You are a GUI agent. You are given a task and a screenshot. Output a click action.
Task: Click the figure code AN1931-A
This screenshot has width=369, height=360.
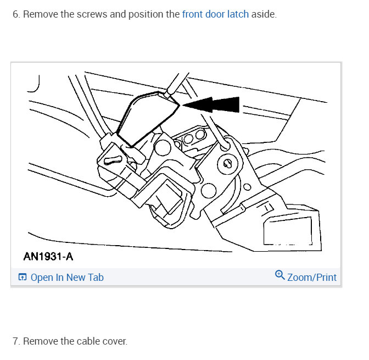click(48, 257)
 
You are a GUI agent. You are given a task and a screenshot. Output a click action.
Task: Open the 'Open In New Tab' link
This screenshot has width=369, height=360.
click(66, 278)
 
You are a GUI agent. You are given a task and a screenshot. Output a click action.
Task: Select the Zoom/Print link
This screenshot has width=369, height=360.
click(311, 277)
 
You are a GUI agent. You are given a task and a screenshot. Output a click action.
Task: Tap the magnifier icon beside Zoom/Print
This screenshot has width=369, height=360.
click(280, 276)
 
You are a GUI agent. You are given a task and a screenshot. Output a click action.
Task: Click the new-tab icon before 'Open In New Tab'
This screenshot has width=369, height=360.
click(23, 278)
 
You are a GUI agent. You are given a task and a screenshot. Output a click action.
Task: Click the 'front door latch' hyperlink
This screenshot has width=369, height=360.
click(215, 14)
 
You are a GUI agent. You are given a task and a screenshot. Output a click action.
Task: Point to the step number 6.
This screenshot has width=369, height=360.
click(15, 14)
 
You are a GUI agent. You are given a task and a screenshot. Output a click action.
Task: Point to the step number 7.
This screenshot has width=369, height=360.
click(15, 341)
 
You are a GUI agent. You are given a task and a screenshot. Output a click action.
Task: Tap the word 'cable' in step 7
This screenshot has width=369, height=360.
click(88, 341)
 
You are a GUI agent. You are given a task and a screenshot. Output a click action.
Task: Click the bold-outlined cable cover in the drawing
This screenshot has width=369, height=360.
click(146, 118)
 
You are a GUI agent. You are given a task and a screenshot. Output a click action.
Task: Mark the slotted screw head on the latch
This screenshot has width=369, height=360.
click(227, 163)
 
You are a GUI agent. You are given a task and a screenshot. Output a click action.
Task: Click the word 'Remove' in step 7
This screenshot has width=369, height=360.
click(40, 341)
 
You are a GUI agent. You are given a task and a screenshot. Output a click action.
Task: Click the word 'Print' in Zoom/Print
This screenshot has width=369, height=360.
click(324, 277)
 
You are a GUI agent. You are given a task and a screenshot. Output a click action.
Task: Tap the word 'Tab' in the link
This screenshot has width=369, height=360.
click(96, 278)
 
